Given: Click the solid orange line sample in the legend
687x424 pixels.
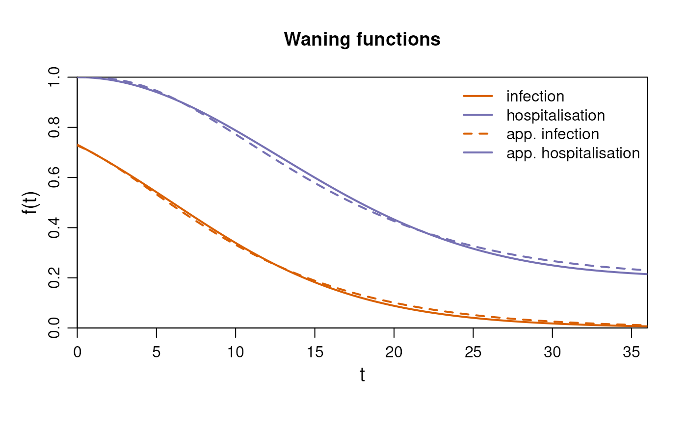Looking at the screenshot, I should [x=477, y=96].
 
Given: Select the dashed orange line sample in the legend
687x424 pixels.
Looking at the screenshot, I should [x=476, y=133].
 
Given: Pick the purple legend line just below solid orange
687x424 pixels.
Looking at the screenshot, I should [x=477, y=115].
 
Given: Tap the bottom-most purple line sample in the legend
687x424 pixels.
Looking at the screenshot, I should [x=477, y=152].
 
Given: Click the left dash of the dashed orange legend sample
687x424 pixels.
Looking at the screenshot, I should [x=468, y=133].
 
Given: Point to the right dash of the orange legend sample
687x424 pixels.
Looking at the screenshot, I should [x=483, y=133].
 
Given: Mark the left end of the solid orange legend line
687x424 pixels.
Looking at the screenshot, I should [x=464, y=96].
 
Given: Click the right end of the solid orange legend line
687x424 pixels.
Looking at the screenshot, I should [x=492, y=96].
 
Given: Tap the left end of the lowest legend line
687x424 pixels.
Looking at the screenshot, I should [x=464, y=152].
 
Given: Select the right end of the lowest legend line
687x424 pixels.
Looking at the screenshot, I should [x=492, y=152].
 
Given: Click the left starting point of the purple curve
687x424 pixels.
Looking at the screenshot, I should [x=78, y=77].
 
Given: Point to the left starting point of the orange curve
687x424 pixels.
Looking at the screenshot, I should [x=78, y=145].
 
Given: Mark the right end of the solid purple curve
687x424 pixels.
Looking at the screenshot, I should [x=646, y=274].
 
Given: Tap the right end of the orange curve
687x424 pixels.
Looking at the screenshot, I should [x=646, y=326].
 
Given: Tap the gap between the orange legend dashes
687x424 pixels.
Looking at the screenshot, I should [x=476, y=133].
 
